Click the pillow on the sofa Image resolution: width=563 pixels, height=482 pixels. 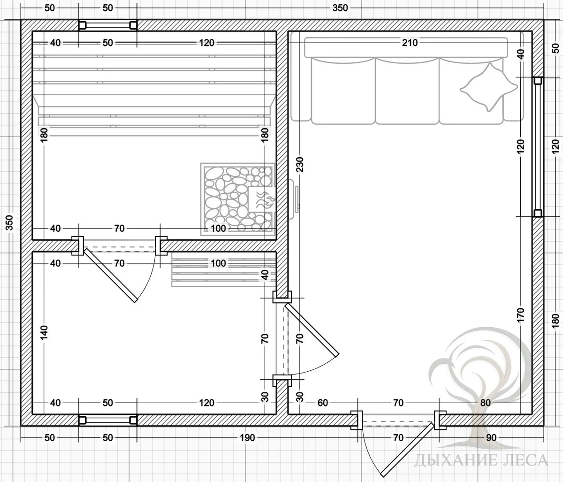489,87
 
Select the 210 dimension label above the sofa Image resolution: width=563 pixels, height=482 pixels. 410,43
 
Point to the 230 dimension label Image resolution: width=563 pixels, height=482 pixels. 300,164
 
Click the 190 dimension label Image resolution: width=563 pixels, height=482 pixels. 248,437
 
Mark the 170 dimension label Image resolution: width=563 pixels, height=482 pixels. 520,315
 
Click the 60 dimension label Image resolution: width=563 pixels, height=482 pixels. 323,403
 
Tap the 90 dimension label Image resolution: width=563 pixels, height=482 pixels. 491,437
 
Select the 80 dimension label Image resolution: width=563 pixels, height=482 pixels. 486,403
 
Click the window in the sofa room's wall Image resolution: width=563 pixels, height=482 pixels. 538,147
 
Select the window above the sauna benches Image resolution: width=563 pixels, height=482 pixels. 108,25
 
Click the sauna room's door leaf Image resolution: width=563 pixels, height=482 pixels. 110,275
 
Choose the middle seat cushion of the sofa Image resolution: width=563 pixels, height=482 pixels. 407,91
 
